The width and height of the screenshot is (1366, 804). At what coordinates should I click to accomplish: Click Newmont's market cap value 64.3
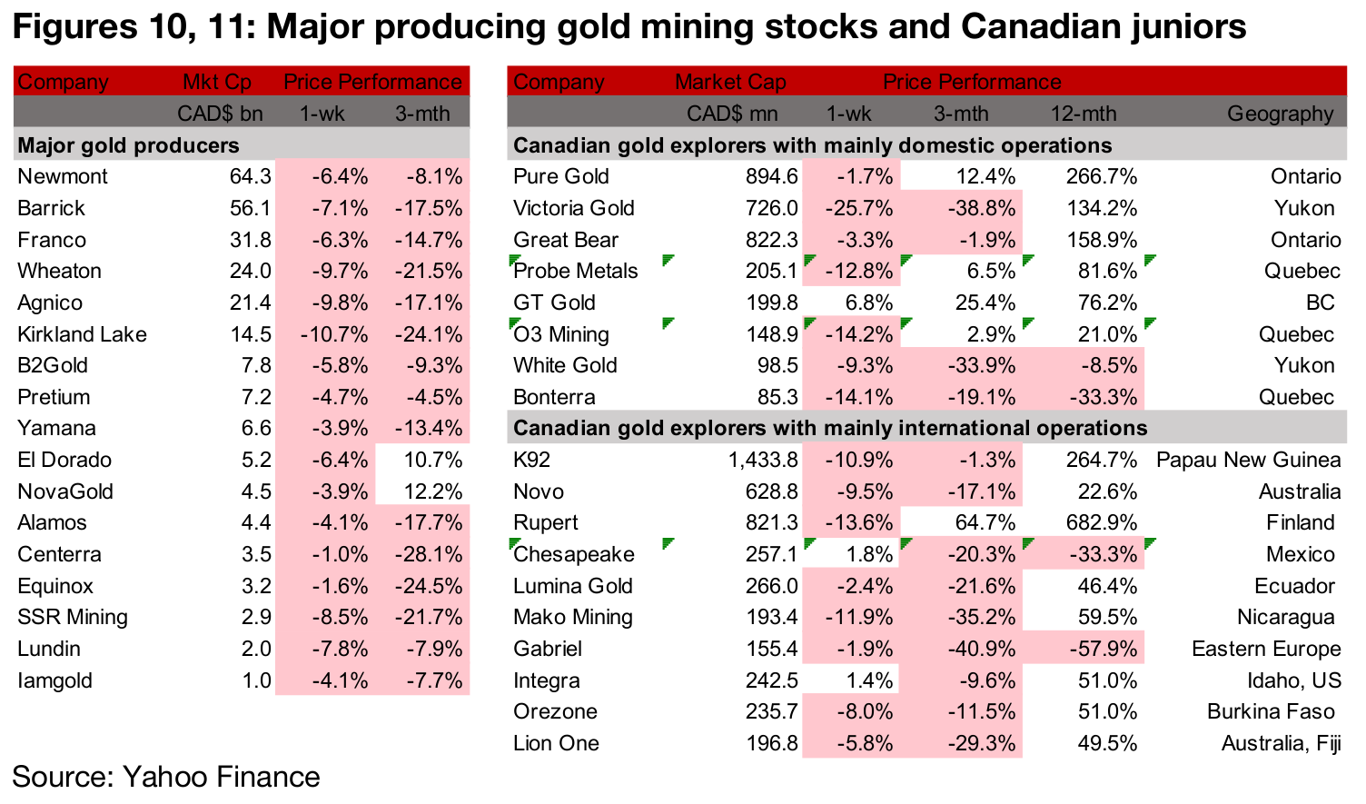(x=250, y=176)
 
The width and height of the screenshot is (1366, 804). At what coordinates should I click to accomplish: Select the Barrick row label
(x=51, y=208)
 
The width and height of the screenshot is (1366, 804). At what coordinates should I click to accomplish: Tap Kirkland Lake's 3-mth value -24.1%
(x=429, y=334)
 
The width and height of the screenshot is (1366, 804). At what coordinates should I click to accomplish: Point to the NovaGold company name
(x=65, y=491)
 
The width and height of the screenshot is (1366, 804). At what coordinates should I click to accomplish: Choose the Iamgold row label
(x=54, y=680)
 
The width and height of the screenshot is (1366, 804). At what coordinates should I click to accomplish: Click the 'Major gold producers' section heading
(x=128, y=145)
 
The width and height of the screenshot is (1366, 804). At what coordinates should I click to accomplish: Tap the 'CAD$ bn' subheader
(x=220, y=114)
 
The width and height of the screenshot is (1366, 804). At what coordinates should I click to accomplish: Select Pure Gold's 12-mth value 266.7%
(x=1101, y=176)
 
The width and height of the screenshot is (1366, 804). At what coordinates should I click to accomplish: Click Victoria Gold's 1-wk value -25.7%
(x=859, y=208)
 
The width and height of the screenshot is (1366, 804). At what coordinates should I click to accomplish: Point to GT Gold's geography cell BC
(x=1320, y=303)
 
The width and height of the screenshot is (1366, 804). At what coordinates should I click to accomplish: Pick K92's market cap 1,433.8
(x=763, y=460)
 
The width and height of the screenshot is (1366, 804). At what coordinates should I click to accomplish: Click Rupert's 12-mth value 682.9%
(x=1101, y=522)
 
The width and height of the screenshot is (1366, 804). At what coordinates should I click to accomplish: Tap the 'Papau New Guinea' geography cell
(x=1248, y=460)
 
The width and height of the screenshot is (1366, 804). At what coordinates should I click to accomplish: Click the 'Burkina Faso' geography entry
(x=1271, y=711)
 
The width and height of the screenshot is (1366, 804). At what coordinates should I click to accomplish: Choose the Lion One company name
(x=556, y=743)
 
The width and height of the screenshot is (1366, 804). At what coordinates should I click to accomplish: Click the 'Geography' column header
(x=1280, y=114)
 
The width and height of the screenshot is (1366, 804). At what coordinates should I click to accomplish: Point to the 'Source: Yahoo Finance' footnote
(x=166, y=777)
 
